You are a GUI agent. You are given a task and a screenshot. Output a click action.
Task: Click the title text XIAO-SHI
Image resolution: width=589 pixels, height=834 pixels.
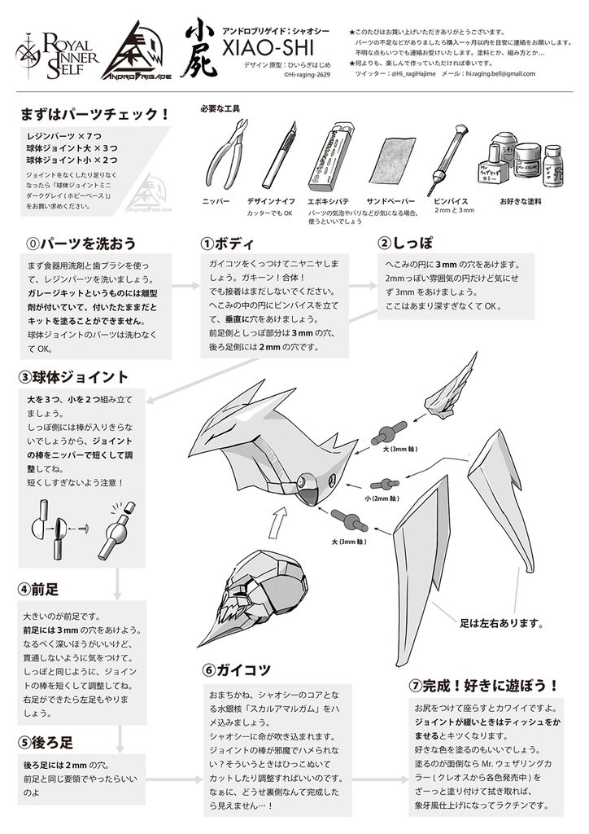[x=269, y=50]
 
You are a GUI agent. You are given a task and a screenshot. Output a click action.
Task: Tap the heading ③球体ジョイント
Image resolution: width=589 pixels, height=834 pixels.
[x=74, y=377]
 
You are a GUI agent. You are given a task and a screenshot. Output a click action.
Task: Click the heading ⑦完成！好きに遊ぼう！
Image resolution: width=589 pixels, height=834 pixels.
[x=483, y=684]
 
